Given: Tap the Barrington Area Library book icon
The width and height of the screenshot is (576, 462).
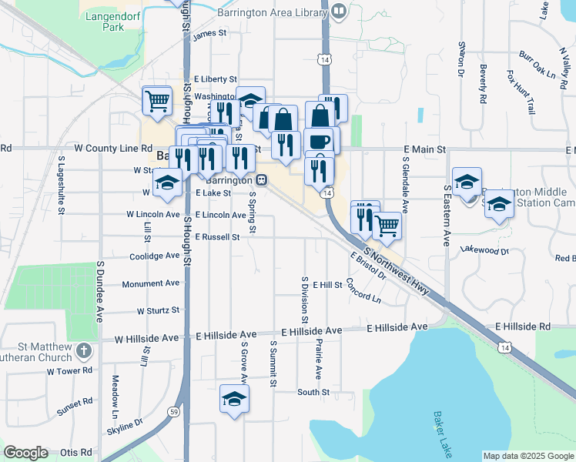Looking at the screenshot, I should point(339,11).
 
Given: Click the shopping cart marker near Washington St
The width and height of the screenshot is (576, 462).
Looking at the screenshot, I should point(157,100).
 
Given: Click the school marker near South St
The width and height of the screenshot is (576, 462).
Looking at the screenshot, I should point(234,400).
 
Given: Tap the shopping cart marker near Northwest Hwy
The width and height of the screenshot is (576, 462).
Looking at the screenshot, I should point(387,226).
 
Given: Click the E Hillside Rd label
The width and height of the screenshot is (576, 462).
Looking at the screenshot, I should point(523,327).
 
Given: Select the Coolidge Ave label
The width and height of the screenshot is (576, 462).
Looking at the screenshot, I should point(154,256).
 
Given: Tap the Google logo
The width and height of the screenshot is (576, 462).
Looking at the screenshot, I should point(26,453).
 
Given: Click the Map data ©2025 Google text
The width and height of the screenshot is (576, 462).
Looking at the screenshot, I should point(527,456).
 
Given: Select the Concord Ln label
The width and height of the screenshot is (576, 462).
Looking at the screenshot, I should point(363,291).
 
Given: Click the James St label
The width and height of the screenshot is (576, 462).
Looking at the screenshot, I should point(209,34).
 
